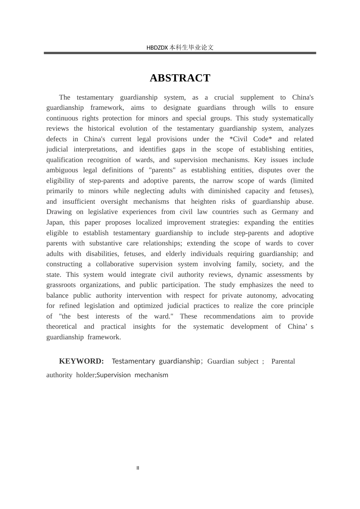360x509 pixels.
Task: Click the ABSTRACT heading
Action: pos(180,78)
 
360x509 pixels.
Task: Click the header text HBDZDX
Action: pos(157,48)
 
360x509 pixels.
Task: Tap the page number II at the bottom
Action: pos(138,468)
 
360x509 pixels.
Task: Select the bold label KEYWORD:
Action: pos(81,361)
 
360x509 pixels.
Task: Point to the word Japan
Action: pos(55,222)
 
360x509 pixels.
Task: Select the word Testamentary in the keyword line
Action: pos(133,361)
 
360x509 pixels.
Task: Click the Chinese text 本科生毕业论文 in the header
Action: pos(191,48)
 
